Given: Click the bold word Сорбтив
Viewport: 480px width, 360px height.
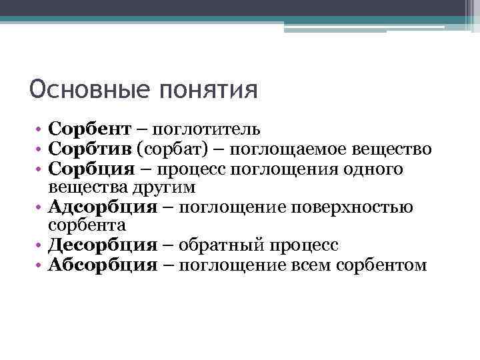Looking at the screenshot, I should [91, 149].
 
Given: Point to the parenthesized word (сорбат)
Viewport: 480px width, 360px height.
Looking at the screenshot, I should [171, 149].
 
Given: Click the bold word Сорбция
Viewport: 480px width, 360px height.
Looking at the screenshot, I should [93, 169].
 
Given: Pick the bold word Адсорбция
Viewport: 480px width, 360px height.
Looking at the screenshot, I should [103, 207].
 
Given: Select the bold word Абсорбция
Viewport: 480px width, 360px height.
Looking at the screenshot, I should [103, 265].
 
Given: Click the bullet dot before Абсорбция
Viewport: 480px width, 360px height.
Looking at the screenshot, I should [41, 266].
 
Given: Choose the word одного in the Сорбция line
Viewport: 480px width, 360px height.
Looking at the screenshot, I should [376, 169].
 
